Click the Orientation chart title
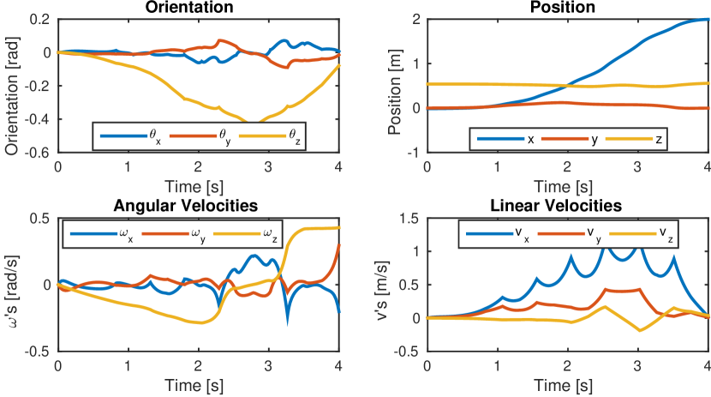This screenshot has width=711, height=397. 198,7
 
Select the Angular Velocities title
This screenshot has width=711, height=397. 198,206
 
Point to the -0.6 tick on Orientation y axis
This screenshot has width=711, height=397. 39,153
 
